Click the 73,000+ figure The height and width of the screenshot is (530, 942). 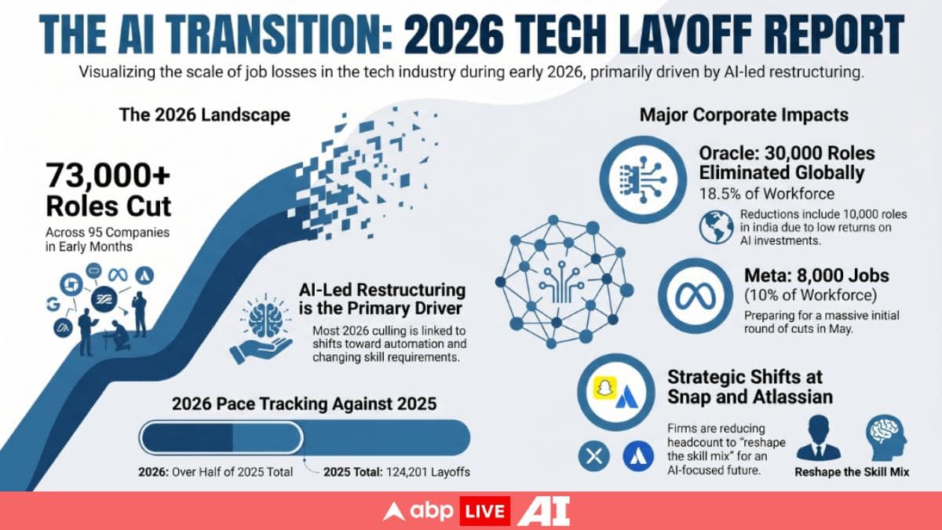click(108, 175)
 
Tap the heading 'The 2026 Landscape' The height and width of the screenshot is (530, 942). click(205, 115)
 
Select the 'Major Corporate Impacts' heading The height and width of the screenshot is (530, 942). click(744, 115)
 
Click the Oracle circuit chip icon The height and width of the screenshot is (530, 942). click(643, 180)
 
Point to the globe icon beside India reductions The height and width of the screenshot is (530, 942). click(717, 227)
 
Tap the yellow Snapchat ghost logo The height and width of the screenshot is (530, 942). click(605, 388)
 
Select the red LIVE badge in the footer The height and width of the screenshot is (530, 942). click(484, 511)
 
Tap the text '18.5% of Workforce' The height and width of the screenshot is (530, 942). click(767, 194)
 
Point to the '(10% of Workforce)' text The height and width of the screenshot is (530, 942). click(810, 295)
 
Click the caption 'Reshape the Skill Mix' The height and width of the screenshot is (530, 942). click(852, 472)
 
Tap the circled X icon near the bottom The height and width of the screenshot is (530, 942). click(593, 456)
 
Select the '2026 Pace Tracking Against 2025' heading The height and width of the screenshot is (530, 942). click(304, 404)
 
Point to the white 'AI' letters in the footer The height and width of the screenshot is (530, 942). click(543, 511)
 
